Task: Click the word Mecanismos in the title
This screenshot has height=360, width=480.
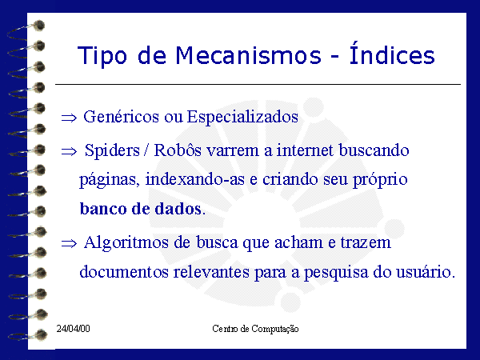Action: pos(248,55)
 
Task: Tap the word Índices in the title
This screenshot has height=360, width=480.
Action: pos(392,53)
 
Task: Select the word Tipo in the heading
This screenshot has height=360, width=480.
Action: pos(102,56)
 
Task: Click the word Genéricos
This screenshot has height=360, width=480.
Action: pos(122,118)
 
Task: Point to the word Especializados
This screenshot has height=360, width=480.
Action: pos(242,118)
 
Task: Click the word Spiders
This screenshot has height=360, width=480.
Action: pos(112,150)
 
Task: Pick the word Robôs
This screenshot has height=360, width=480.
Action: pos(178,150)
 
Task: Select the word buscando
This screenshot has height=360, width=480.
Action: pos(374,150)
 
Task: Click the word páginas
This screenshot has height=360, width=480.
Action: pos(110,180)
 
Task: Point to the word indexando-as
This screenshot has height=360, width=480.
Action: pos(195,179)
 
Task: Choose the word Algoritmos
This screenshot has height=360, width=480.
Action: pos(126,243)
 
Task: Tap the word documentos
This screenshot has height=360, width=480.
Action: pos(124,272)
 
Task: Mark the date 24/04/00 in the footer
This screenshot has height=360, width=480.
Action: pos(73,329)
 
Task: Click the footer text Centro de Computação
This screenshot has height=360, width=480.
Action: pos(255,329)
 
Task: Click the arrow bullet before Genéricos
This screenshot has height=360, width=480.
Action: pos(69,118)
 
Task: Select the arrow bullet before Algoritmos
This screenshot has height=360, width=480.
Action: pos(69,244)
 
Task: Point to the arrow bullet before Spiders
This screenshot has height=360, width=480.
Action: pos(69,151)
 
